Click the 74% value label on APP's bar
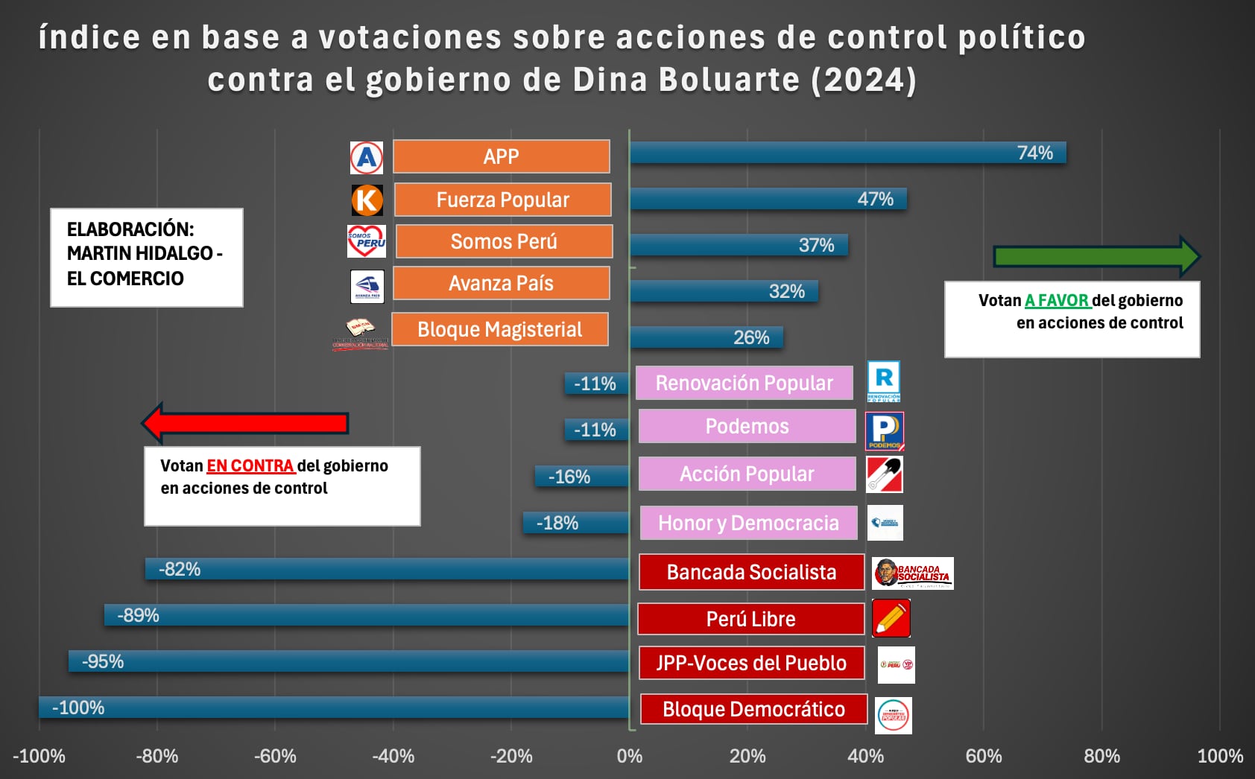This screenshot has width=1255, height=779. click(1034, 153)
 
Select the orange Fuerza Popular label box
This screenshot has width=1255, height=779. click(502, 200)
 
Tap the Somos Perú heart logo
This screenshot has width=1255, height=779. click(367, 241)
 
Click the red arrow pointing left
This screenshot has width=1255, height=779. click(245, 423)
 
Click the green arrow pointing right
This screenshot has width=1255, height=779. click(1096, 257)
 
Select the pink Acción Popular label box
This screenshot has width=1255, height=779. click(747, 474)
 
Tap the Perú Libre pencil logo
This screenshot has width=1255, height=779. click(891, 618)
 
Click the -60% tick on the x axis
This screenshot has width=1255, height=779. click(275, 757)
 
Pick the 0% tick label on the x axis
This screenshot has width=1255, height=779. click(630, 757)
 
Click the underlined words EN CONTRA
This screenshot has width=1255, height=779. click(250, 466)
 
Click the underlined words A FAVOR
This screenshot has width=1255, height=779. click(1057, 301)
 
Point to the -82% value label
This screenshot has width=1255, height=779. click(180, 569)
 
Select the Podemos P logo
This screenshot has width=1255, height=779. click(885, 431)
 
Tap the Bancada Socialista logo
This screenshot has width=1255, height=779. click(913, 573)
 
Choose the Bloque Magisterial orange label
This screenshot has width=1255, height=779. click(499, 329)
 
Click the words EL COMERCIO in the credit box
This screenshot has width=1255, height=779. click(125, 279)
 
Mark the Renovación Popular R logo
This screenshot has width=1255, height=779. click(884, 381)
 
